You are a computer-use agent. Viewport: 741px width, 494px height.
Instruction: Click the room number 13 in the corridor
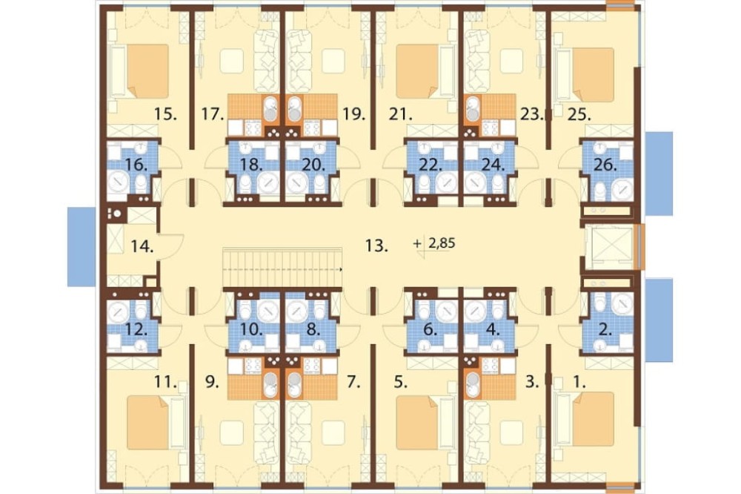[376, 246]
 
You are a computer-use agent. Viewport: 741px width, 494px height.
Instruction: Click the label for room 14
[142, 246]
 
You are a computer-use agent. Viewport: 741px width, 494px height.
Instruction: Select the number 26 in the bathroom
[605, 165]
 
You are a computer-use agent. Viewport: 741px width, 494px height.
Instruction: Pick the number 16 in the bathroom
[136, 165]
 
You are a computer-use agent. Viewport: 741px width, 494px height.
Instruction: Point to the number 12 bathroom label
[136, 329]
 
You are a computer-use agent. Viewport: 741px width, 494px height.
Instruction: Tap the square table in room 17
[232, 61]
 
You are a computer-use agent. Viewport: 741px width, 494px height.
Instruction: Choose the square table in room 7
[333, 432]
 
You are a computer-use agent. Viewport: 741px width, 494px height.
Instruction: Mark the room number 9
[212, 382]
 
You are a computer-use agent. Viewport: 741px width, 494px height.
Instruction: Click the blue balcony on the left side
[82, 246]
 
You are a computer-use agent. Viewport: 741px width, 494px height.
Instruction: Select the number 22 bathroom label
[430, 165]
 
